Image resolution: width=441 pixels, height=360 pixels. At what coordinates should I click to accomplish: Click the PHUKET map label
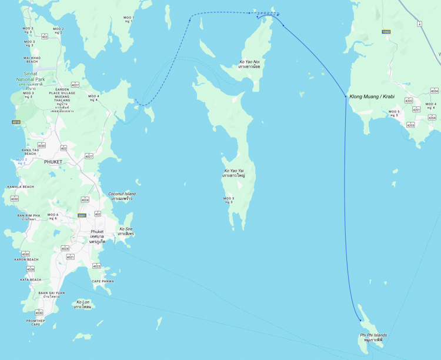(53, 162)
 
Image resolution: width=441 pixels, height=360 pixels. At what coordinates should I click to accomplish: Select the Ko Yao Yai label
(233, 173)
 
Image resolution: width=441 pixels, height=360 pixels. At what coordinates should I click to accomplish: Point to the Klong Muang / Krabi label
(372, 96)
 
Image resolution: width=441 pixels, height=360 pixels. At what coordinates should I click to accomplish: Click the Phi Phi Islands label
(373, 338)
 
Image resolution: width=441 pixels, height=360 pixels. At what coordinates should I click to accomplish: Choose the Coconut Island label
(122, 196)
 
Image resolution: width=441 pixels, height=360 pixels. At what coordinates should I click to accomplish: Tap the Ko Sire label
(126, 231)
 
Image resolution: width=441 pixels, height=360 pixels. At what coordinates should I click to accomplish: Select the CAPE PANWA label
(102, 281)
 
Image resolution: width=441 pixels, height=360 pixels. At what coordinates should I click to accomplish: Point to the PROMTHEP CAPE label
(35, 322)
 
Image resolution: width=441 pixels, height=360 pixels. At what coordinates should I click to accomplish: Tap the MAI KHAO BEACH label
(31, 59)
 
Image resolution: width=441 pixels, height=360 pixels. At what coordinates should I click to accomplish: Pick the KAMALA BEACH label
(21, 186)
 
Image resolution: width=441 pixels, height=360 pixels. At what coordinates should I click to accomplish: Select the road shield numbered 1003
(386, 32)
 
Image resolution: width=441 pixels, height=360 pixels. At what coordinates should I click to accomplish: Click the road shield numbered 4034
(434, 91)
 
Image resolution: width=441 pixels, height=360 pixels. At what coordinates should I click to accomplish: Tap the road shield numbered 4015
(16, 122)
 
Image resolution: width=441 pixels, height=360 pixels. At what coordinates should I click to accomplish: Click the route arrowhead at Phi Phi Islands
(361, 320)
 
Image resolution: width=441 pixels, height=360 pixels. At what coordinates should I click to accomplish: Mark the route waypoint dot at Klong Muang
(345, 96)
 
